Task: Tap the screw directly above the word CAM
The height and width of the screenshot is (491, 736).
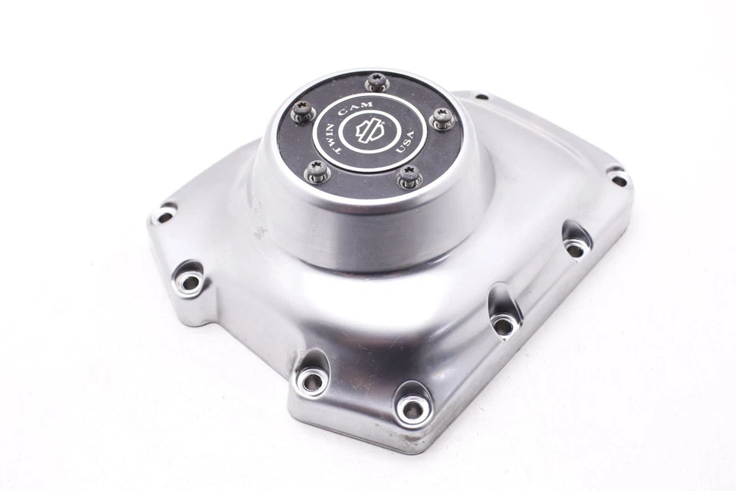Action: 376,81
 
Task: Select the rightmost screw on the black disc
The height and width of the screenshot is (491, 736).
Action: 442,118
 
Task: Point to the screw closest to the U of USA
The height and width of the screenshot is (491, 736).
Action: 409,176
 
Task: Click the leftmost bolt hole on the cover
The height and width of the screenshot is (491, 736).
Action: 163,215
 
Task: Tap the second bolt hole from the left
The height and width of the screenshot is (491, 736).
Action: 189,282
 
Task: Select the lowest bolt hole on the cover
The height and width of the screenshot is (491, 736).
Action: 412,410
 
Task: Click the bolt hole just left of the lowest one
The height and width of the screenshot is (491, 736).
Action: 310,381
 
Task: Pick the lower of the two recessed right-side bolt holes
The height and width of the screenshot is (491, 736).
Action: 503,325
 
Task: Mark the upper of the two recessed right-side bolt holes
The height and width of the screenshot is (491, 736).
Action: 575,249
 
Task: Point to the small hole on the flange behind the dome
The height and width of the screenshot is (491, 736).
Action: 481,97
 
